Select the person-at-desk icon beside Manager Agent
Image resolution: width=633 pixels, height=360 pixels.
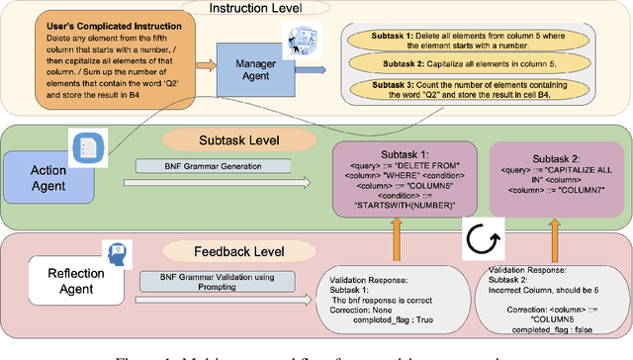pos(298,45)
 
